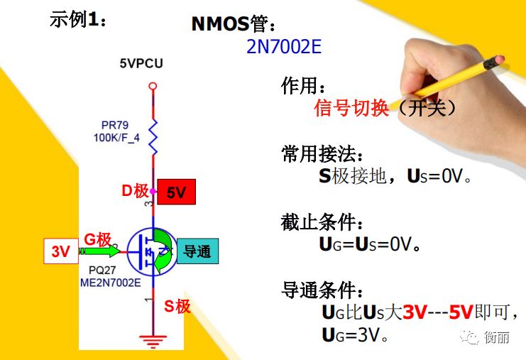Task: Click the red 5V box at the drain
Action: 177,192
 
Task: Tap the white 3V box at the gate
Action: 61,251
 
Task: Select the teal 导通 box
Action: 197,251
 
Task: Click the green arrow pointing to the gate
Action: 99,251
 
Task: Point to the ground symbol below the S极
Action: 153,342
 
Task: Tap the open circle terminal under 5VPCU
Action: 153,86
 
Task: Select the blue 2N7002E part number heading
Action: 284,47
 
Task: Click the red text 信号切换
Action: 351,108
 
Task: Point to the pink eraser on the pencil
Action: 499,60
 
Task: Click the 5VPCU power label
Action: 141,63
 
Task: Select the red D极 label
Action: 135,191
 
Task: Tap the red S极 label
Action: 177,306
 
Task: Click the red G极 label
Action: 97,239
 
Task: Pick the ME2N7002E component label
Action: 110,283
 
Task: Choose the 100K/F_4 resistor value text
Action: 116,138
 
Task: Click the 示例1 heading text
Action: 78,19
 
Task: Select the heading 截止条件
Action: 322,222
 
